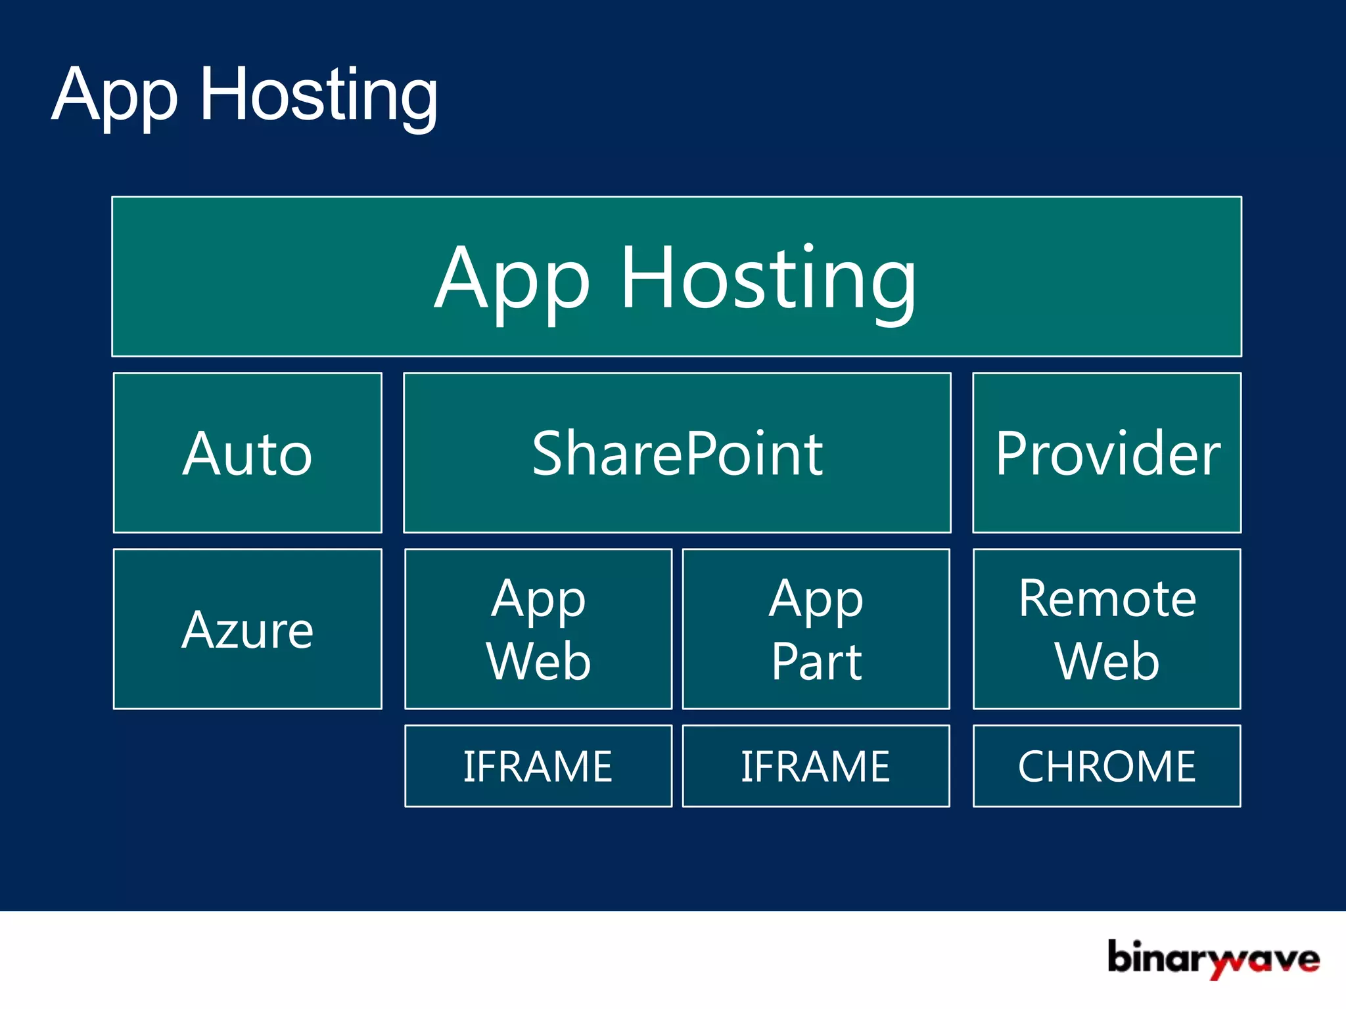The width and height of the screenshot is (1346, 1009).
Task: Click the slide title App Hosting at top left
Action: pyautogui.click(x=244, y=96)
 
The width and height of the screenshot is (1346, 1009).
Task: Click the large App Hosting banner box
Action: pyautogui.click(x=676, y=277)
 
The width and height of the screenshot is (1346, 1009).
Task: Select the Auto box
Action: pyautogui.click(x=248, y=453)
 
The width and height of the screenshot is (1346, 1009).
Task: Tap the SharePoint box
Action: pyautogui.click(x=677, y=453)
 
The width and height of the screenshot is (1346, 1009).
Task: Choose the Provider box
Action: pyautogui.click(x=1107, y=453)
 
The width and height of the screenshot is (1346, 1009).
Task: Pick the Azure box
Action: pyautogui.click(x=248, y=629)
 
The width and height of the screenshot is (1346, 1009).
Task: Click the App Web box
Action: pyautogui.click(x=538, y=629)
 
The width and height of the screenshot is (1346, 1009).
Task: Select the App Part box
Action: pyautogui.click(x=816, y=629)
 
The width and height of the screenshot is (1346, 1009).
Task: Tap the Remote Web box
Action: pyautogui.click(x=1107, y=629)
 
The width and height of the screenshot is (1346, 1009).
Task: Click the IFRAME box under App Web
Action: pyautogui.click(x=538, y=766)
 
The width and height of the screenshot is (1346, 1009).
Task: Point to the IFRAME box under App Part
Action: pyautogui.click(x=816, y=766)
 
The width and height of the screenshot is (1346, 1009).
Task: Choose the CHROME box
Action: pyautogui.click(x=1107, y=766)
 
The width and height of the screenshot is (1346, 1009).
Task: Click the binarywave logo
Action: pyautogui.click(x=1213, y=958)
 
